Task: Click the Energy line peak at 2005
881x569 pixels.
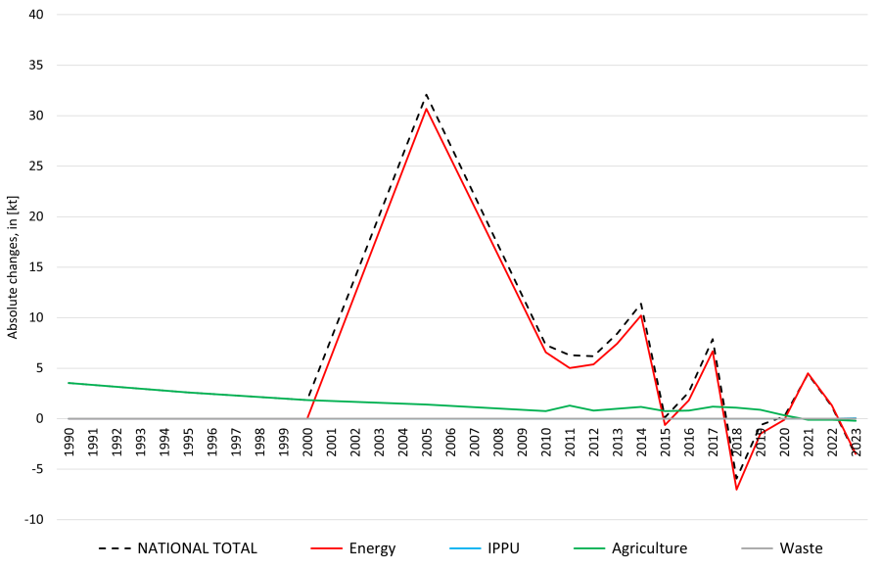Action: [x=427, y=108]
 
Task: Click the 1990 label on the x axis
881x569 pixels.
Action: [x=69, y=442]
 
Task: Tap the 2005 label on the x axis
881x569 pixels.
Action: [x=427, y=442]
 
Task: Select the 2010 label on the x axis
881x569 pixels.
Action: [x=546, y=442]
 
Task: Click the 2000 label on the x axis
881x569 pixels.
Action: [x=307, y=442]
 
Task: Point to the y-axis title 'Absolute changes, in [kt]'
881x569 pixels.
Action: [x=13, y=266]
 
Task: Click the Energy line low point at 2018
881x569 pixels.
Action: [x=737, y=489]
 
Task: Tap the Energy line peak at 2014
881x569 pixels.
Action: [x=641, y=314]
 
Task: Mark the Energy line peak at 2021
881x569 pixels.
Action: [x=809, y=373]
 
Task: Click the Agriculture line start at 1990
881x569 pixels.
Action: [x=69, y=383]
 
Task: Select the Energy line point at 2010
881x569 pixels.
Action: [x=546, y=352]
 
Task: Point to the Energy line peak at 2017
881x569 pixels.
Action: [x=713, y=349]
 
